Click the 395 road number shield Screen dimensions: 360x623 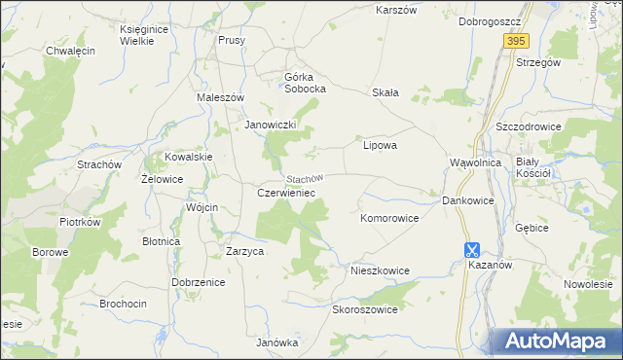coord(516,40)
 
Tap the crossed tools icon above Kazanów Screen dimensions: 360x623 coord(472,249)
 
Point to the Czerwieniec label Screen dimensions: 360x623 coord(285,193)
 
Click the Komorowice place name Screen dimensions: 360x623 coord(389,218)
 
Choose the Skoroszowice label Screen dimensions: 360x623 coord(366,309)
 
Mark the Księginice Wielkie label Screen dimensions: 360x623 coord(144,35)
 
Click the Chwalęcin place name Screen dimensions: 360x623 coord(69,50)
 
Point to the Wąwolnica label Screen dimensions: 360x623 coord(475,162)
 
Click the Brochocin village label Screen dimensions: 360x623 coord(123,304)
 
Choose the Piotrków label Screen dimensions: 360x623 coord(80,222)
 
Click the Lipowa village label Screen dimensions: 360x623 coord(380,145)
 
